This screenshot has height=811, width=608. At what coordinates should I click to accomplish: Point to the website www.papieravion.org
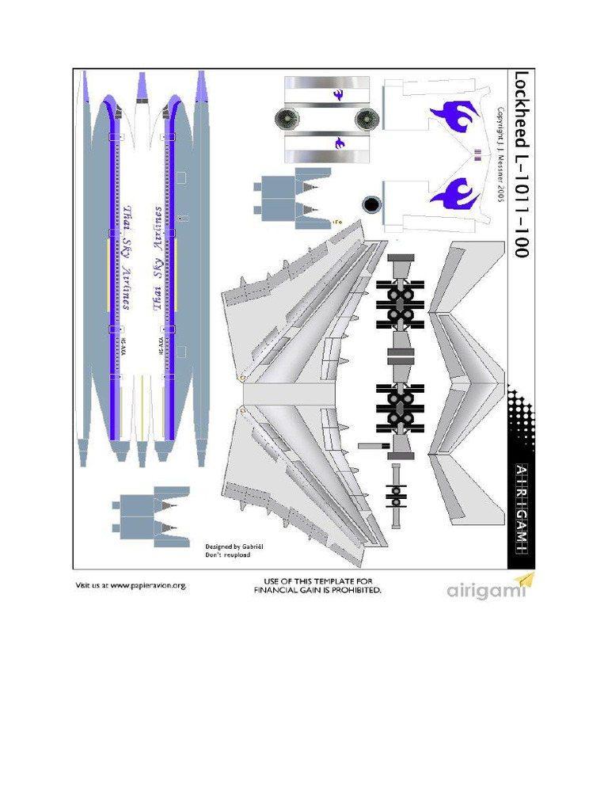point(131,586)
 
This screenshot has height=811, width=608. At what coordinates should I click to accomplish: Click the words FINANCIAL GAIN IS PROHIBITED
point(317,591)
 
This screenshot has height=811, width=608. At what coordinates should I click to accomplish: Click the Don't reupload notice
point(228,555)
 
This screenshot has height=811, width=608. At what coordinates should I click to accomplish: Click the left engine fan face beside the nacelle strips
point(287,120)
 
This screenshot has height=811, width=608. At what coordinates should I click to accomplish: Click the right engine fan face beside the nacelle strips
point(367,120)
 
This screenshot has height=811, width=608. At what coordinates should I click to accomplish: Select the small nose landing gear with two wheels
point(396,495)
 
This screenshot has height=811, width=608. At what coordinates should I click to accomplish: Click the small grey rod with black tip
point(374,447)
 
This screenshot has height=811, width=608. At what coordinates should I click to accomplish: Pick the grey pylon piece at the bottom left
point(150,515)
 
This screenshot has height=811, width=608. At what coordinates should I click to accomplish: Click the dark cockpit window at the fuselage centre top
point(142,101)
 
